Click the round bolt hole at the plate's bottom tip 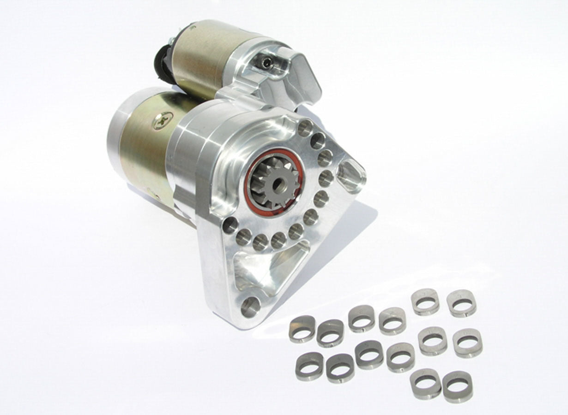pos(249,306)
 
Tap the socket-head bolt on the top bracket pos(266,60)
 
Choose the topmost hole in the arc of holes pos(305,128)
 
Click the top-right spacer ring pos(461,303)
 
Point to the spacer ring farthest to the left pos(302,329)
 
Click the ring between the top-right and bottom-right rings pos(467,343)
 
